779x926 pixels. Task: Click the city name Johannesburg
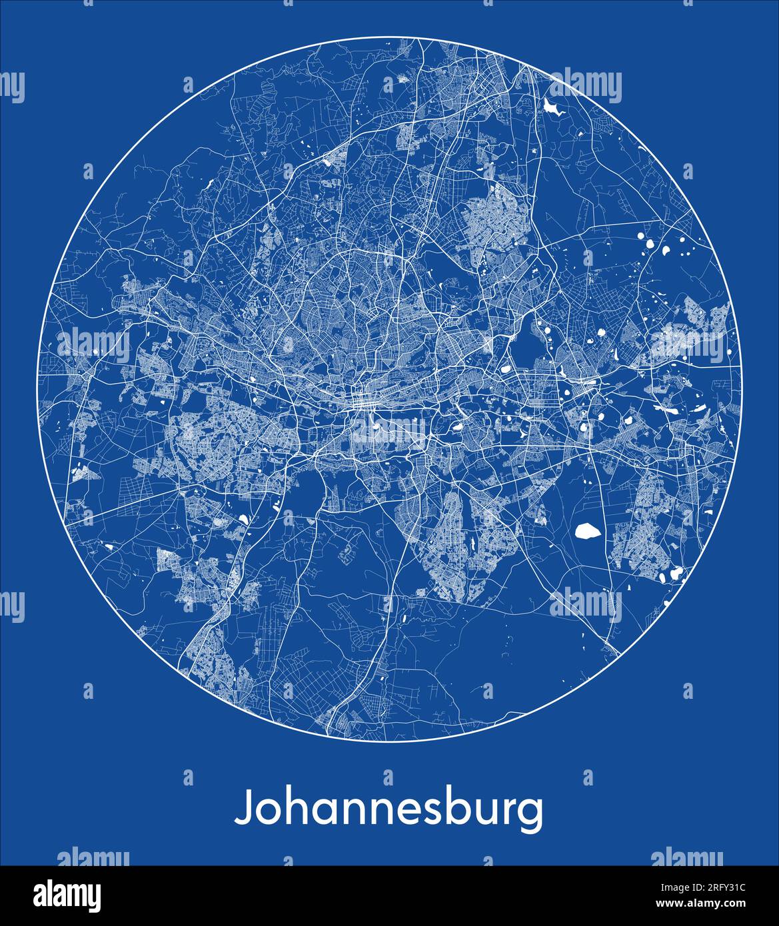coord(389,809)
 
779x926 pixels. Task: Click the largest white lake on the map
coord(586,530)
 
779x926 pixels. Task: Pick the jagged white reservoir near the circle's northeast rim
coord(552,107)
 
